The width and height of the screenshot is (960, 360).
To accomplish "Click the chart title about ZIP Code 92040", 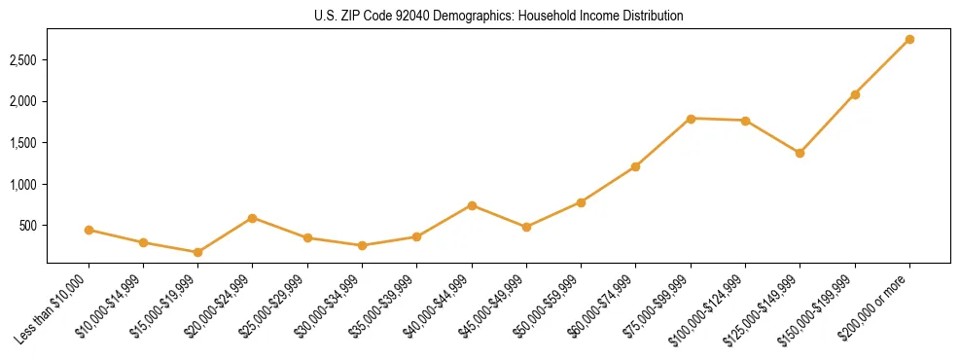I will (x=498, y=17).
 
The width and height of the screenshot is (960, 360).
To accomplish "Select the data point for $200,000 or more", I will (x=909, y=39).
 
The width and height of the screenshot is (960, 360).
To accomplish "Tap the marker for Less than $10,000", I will (x=89, y=230).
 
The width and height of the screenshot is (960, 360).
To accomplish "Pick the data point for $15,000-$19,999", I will (x=197, y=252).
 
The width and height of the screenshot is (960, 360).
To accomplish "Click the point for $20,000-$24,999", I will (x=252, y=218).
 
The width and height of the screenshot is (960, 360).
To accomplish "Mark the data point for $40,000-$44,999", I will (x=472, y=205).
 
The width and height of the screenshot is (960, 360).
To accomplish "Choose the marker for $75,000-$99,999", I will (x=691, y=119).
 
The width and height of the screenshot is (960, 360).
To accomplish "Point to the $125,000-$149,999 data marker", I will (x=800, y=153).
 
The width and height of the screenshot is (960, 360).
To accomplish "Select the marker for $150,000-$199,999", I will (x=855, y=94).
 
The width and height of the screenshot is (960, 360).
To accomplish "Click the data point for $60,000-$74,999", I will (x=635, y=166).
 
